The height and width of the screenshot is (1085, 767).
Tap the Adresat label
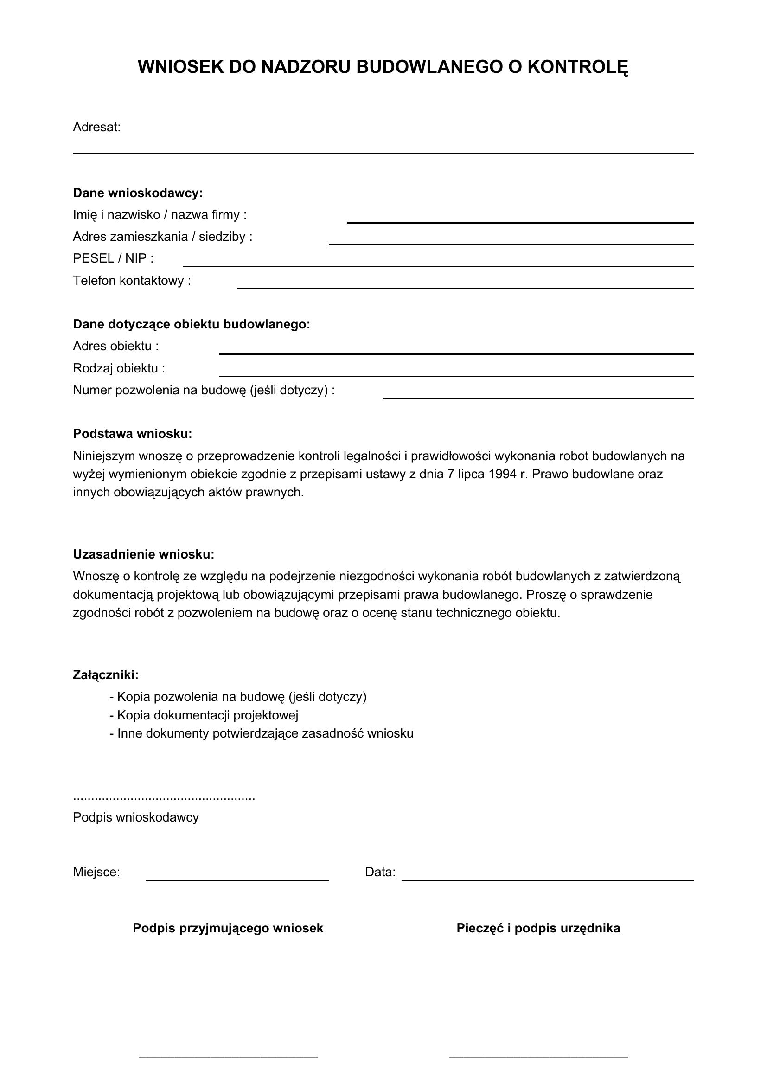[x=97, y=127]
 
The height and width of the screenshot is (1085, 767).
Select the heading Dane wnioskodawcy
[x=137, y=193]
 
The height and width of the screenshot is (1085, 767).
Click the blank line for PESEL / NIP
[x=437, y=266]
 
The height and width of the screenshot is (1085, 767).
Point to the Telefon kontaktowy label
[x=132, y=281]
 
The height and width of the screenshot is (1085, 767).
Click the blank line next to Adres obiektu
[x=456, y=353]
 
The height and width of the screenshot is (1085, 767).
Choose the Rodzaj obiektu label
[x=119, y=368]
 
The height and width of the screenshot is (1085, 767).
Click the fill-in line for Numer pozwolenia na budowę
[x=538, y=398]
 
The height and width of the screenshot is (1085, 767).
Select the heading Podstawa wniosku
[x=132, y=434]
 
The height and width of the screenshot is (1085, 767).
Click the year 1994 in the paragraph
[x=503, y=474]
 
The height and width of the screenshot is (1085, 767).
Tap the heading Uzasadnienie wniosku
[x=144, y=554]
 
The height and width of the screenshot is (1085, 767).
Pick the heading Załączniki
[x=106, y=675]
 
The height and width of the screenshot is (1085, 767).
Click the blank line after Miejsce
[x=237, y=880]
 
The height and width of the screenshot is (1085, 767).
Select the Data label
[x=380, y=873]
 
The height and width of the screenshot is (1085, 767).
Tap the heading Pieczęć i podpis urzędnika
[x=538, y=928]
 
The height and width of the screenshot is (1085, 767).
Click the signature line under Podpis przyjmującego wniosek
[x=228, y=1055]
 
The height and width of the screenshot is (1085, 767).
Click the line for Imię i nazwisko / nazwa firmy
[x=519, y=222]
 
